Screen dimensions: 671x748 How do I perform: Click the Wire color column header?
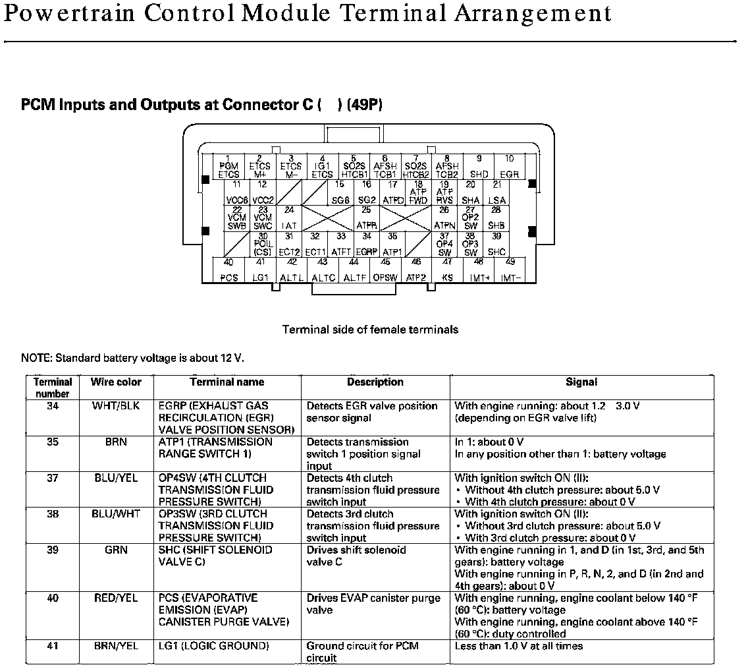click(116, 382)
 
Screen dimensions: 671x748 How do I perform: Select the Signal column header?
click(581, 382)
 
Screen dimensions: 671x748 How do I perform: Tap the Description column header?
click(375, 382)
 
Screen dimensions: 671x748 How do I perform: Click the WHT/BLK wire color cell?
click(116, 406)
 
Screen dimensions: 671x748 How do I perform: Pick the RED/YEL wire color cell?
click(116, 598)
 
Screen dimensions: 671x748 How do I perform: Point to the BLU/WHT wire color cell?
click(116, 514)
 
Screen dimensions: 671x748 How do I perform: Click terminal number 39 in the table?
click(53, 550)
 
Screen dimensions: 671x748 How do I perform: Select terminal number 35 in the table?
click(53, 442)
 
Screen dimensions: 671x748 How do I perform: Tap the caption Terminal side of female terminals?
click(370, 330)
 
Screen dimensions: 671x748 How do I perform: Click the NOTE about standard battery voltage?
click(132, 359)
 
